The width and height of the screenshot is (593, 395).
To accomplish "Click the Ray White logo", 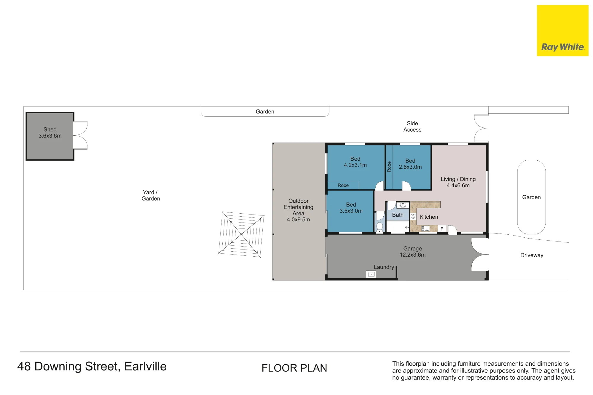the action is (x=562, y=31).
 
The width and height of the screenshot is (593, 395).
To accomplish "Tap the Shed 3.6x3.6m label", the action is (x=50, y=133).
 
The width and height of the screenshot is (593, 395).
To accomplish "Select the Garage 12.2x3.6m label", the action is (x=412, y=252).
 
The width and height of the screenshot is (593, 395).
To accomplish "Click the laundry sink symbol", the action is (x=371, y=274).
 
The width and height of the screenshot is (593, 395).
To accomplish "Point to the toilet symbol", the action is (x=380, y=227).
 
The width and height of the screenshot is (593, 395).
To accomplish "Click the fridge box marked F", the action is (x=442, y=229).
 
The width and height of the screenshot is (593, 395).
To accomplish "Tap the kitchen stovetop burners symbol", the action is (x=413, y=217).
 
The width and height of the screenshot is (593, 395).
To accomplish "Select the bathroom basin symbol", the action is (x=403, y=205).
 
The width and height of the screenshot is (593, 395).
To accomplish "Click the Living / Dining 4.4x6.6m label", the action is (x=458, y=182).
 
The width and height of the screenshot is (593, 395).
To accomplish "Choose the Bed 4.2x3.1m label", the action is (x=355, y=162).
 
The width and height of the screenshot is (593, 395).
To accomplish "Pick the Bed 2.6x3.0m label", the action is (x=410, y=164).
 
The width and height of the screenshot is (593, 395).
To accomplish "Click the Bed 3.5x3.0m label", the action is (x=351, y=208).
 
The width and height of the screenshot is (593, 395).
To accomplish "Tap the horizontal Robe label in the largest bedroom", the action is (x=343, y=185).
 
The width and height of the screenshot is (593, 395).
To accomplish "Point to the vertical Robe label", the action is (x=389, y=167).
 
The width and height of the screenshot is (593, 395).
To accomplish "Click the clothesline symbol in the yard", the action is (x=241, y=234).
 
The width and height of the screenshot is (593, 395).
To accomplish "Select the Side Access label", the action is (x=412, y=127).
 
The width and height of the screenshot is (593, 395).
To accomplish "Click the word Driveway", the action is (x=532, y=255).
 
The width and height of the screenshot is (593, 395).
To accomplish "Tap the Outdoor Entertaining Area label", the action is (x=298, y=210).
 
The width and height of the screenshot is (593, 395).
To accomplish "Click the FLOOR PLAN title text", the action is (x=294, y=368).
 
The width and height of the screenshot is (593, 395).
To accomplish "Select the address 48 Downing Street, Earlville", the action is (x=92, y=367).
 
